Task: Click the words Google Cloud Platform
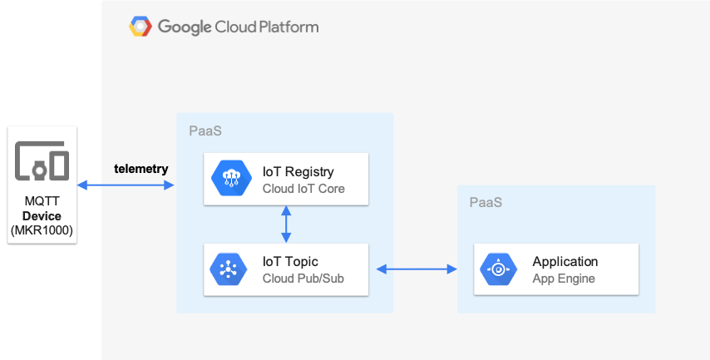pyautogui.click(x=238, y=27)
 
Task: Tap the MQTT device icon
pyautogui.click(x=42, y=160)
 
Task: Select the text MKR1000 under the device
pyautogui.click(x=42, y=230)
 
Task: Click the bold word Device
pyautogui.click(x=42, y=216)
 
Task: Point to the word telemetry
pyautogui.click(x=141, y=169)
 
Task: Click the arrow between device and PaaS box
pyautogui.click(x=126, y=185)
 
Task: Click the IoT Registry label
pyautogui.click(x=298, y=172)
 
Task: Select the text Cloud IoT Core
pyautogui.click(x=303, y=189)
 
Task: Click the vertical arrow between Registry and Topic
pyautogui.click(x=286, y=224)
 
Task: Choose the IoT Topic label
pyautogui.click(x=290, y=261)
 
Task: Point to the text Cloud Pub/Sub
pyautogui.click(x=303, y=279)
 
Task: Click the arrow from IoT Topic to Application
pyautogui.click(x=417, y=269)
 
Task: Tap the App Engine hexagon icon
pyautogui.click(x=498, y=269)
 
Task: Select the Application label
pyautogui.click(x=565, y=261)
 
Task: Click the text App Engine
pyautogui.click(x=564, y=279)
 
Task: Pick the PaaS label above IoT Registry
pyautogui.click(x=205, y=131)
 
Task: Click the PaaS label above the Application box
pyautogui.click(x=486, y=202)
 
